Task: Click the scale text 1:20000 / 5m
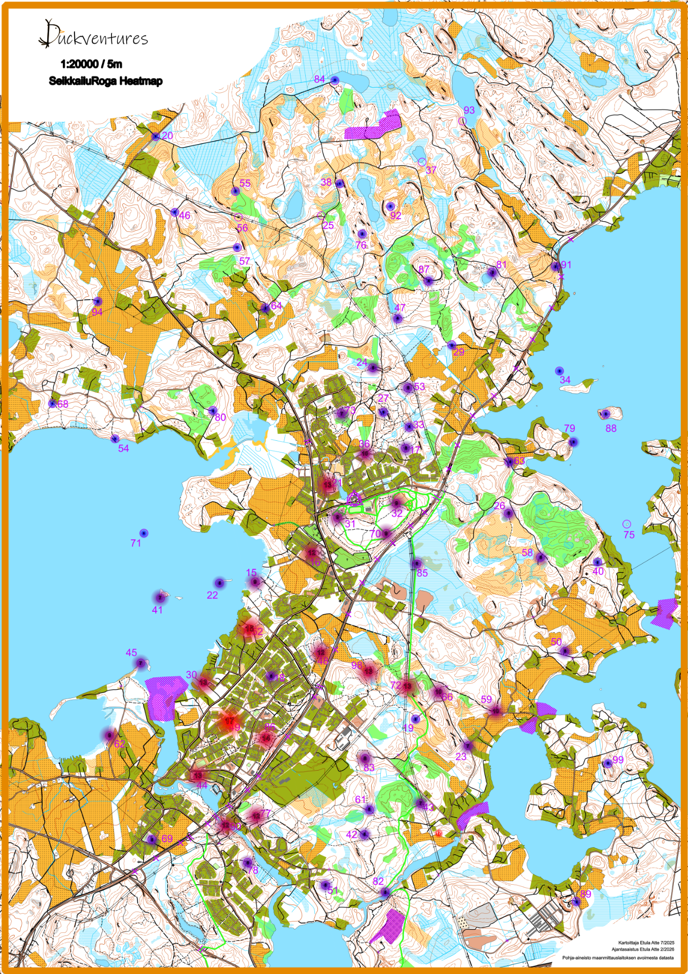click(x=91, y=64)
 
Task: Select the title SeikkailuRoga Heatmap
click(x=105, y=81)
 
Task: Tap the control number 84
click(x=319, y=79)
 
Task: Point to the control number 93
click(x=469, y=110)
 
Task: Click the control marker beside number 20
click(x=155, y=136)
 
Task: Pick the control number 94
click(x=97, y=311)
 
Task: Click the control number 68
click(x=62, y=404)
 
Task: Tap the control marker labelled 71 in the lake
click(x=144, y=533)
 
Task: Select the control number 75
click(x=629, y=534)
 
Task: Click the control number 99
click(x=618, y=759)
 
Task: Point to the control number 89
click(x=586, y=894)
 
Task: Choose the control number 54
click(x=123, y=448)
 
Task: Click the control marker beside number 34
click(x=559, y=371)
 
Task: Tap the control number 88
click(x=611, y=428)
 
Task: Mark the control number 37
click(x=431, y=170)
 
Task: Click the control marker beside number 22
click(x=219, y=583)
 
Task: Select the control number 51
click(x=333, y=890)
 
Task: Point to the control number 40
click(x=598, y=571)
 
